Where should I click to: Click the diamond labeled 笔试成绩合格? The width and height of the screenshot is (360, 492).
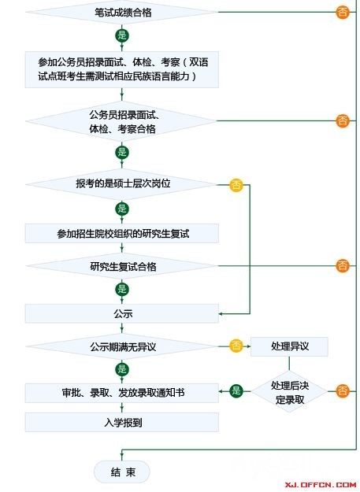[121, 13]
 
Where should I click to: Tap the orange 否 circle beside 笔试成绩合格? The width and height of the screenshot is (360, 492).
[342, 13]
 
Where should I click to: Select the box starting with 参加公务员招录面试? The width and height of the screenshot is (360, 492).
[121, 69]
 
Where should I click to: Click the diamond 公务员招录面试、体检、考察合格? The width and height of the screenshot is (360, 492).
[121, 120]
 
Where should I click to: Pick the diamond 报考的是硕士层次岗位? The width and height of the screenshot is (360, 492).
[121, 183]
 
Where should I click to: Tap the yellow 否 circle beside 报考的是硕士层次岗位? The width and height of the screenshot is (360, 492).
[236, 185]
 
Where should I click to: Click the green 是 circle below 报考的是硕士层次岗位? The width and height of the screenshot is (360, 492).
[122, 209]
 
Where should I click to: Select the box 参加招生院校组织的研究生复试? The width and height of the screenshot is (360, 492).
[121, 234]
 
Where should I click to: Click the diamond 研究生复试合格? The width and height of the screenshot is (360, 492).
[121, 267]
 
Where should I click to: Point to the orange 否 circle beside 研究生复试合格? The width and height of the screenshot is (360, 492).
[342, 266]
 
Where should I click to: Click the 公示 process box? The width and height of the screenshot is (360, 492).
[121, 314]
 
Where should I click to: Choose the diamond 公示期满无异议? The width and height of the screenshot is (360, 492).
[121, 346]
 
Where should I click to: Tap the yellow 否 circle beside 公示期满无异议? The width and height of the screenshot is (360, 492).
[236, 346]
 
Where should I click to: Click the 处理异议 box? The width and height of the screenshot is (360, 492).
[289, 346]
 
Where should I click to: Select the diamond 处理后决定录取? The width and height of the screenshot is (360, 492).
[289, 391]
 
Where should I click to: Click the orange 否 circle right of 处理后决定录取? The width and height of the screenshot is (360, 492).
[342, 391]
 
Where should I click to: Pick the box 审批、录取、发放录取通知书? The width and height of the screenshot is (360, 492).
[121, 392]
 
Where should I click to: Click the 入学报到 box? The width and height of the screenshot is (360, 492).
[121, 422]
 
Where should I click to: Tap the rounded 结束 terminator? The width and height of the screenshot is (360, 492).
[121, 472]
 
